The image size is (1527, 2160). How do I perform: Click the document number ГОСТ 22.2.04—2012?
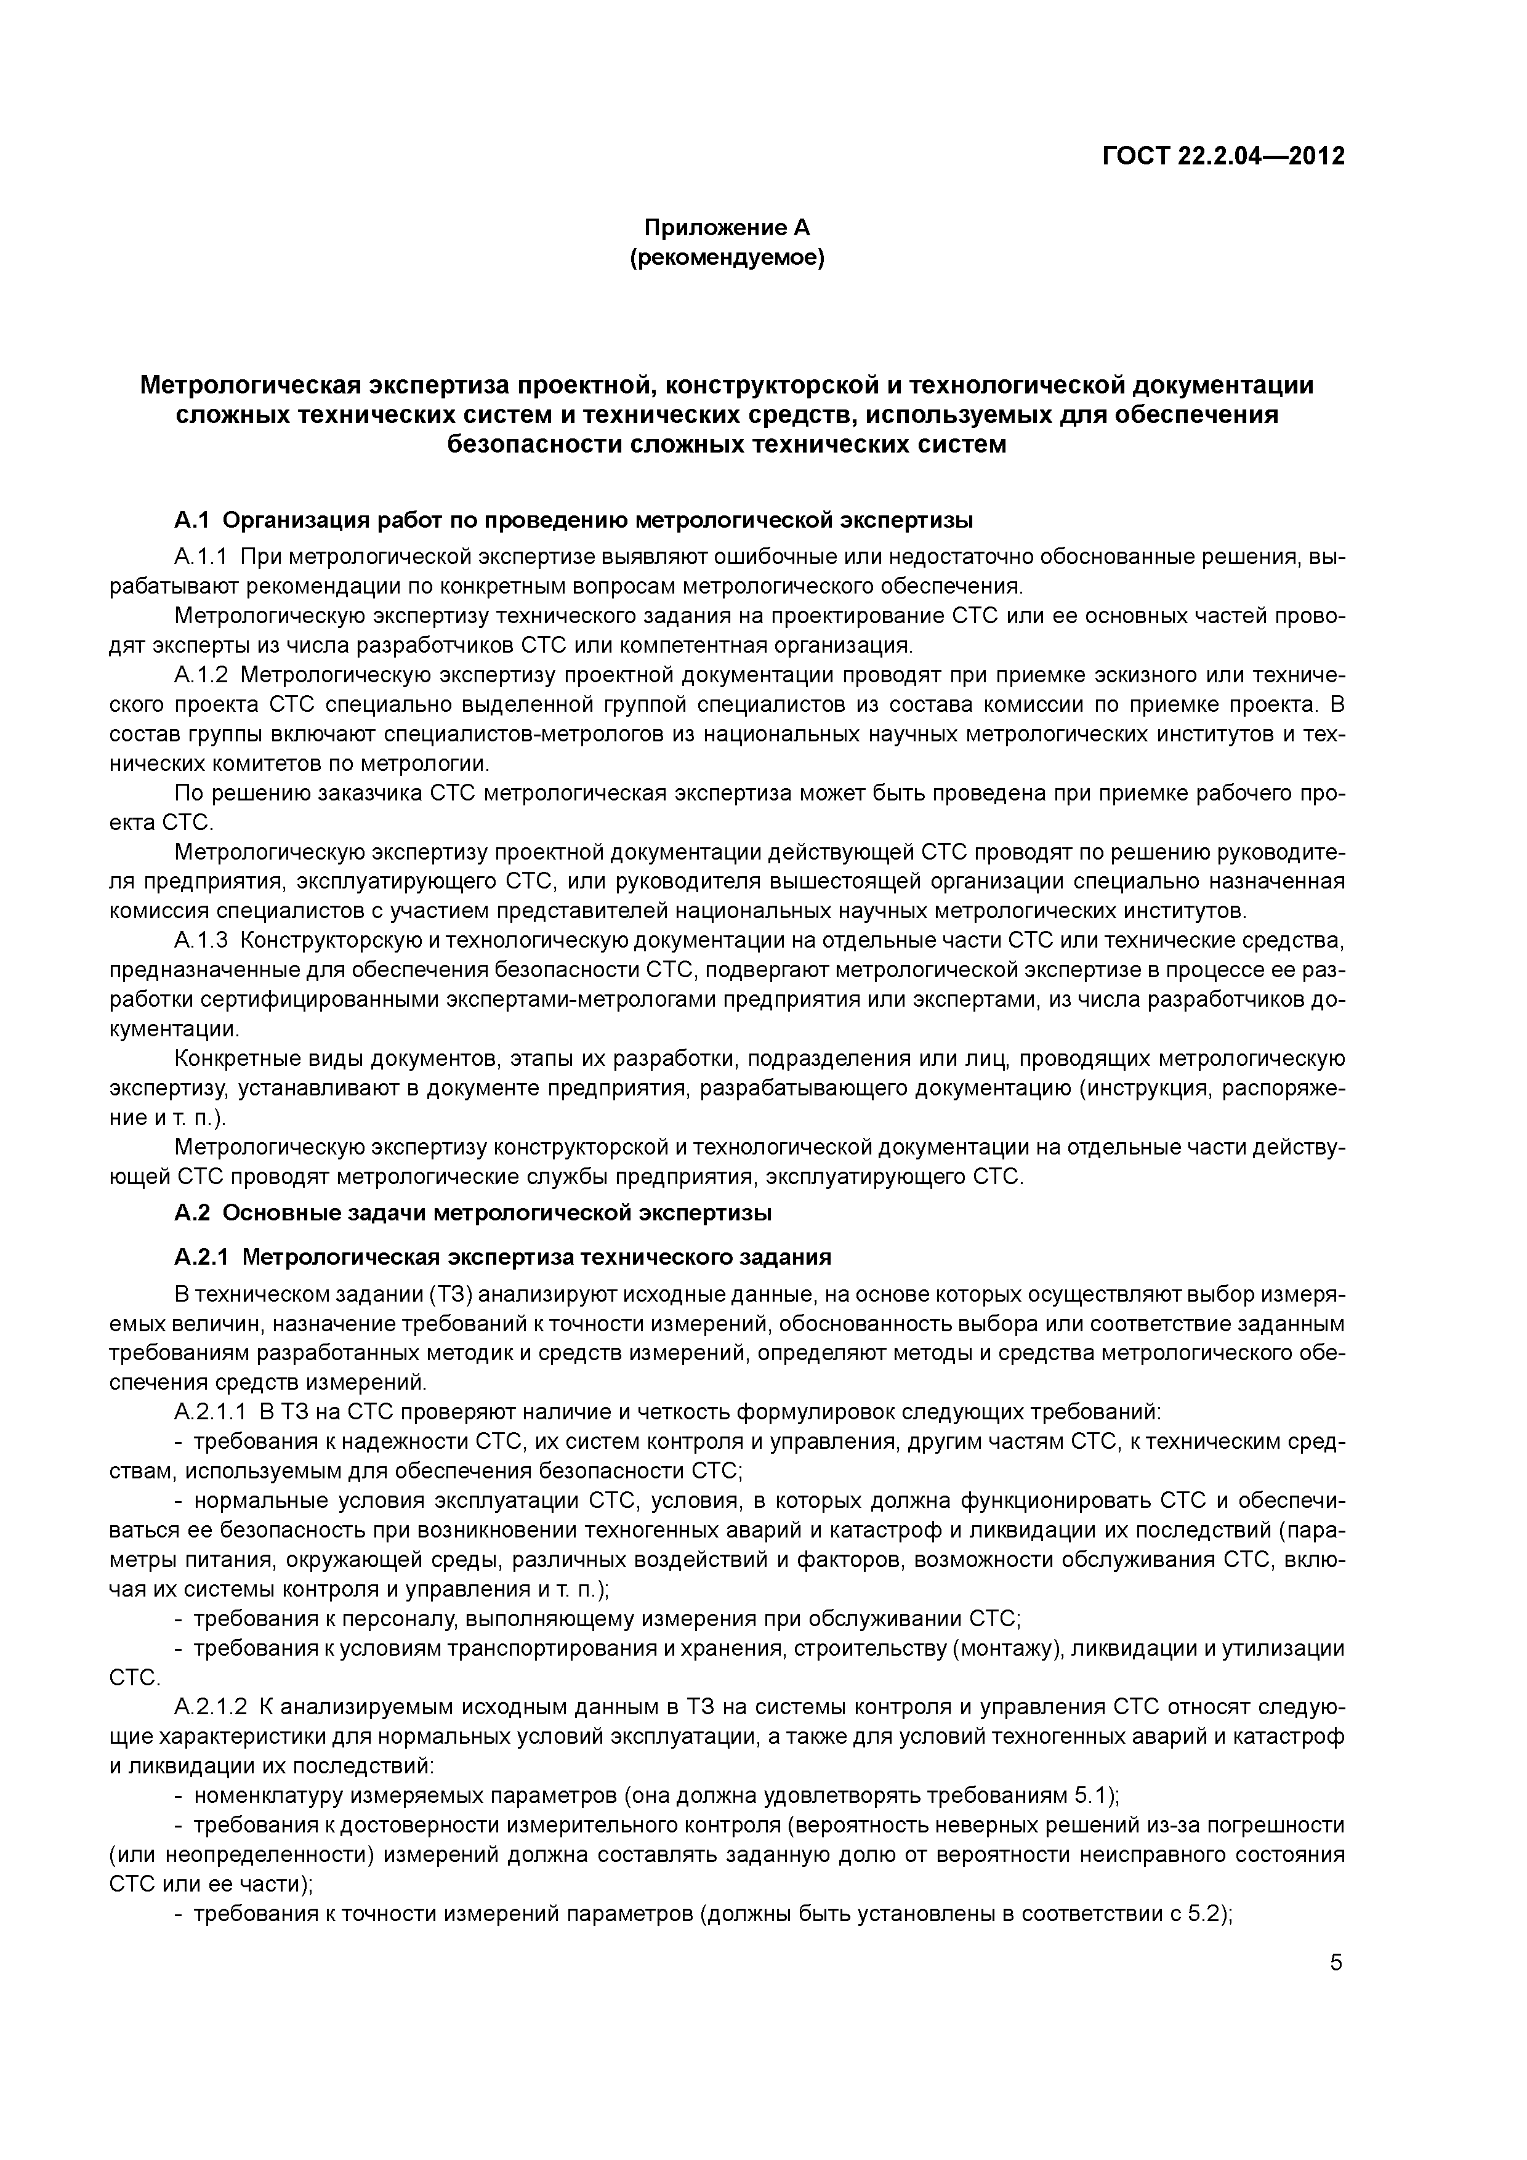pos(1223,155)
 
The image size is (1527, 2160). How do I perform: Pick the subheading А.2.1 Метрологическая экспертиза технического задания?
pos(502,1257)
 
